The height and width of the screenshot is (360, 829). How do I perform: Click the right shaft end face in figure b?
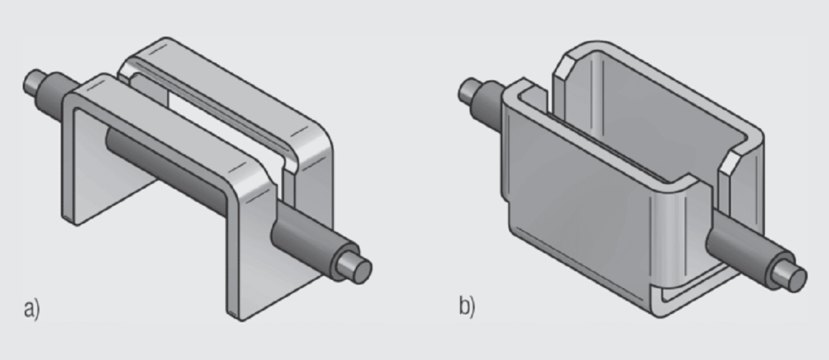pyautogui.click(x=796, y=277)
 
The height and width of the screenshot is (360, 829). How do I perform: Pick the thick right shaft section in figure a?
pyautogui.click(x=304, y=238)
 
